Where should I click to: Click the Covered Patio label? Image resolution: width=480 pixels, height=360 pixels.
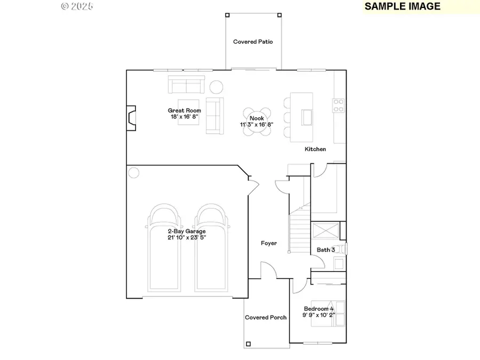coord(253,42)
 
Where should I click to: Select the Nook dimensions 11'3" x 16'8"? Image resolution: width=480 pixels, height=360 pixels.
coord(257,124)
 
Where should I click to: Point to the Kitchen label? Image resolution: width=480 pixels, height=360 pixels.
coord(315,149)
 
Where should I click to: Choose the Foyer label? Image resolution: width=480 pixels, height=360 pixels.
coord(269,243)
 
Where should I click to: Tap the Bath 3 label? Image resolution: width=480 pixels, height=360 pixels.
coord(326,250)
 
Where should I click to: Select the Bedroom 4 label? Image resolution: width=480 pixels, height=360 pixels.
coord(319,309)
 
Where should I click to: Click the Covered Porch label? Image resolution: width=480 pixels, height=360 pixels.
coord(266,317)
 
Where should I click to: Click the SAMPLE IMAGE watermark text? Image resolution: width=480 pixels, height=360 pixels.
coord(403,6)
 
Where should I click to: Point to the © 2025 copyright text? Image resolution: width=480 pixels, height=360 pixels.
coord(77,6)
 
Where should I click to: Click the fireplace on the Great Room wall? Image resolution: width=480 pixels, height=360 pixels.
coord(131,117)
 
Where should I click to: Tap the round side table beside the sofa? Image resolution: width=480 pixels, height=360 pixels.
coord(216,86)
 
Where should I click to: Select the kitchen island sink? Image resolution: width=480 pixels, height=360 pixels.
coord(307,117)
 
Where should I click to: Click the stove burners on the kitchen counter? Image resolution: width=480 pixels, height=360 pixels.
coord(338,106)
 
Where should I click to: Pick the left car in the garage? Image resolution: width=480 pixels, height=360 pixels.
coord(165,248)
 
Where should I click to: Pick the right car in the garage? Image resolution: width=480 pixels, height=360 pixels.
coord(210,248)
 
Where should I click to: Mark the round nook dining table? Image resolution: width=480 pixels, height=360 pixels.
coord(257,118)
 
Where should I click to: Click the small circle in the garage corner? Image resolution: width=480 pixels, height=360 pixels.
coord(133,172)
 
